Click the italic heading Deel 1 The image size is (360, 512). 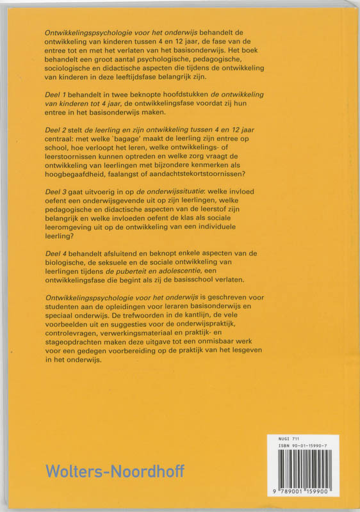tap(56, 95)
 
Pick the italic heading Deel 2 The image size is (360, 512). tap(57, 131)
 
